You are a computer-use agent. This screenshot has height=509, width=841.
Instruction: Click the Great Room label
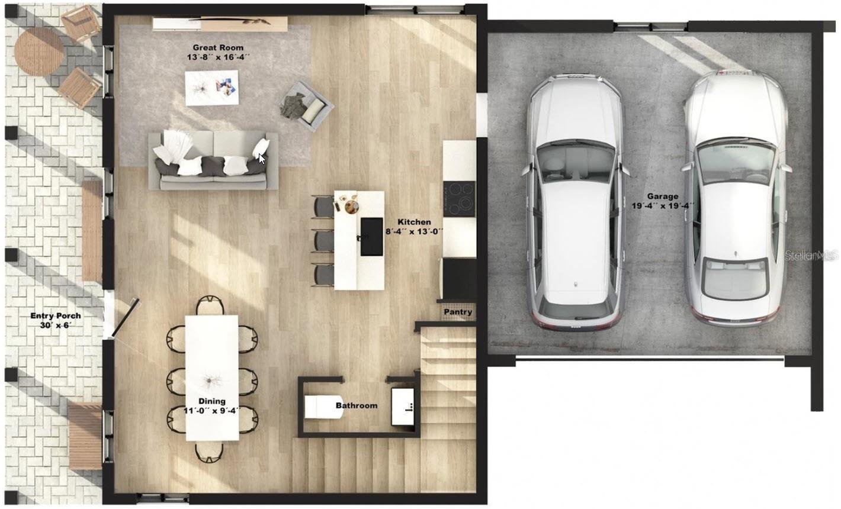tap(218, 47)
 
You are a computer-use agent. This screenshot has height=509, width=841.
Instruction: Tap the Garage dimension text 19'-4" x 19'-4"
tap(663, 206)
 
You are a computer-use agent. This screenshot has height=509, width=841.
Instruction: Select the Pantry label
tap(458, 312)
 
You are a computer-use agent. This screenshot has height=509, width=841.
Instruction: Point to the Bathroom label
tap(357, 405)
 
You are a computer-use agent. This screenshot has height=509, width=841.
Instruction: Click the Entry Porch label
tap(56, 316)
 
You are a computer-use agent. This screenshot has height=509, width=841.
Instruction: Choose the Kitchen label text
tap(414, 222)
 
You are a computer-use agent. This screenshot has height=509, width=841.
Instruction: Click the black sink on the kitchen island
tap(372, 237)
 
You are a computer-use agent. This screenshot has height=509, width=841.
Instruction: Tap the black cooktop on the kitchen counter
tap(459, 199)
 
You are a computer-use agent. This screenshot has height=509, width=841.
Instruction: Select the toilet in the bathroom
tap(323, 407)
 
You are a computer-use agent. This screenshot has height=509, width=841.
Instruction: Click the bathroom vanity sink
tap(403, 407)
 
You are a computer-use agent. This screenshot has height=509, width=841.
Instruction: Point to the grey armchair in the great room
tap(307, 106)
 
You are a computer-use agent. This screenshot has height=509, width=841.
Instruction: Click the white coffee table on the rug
tap(212, 88)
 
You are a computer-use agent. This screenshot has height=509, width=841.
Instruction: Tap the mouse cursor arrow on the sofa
tap(262, 159)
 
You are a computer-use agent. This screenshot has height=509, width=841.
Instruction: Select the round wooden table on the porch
tap(39, 51)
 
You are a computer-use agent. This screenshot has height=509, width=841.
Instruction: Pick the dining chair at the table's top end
tap(210, 305)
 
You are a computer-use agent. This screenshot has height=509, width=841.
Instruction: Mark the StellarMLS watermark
tap(811, 256)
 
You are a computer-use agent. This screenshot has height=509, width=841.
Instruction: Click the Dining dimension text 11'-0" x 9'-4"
tap(212, 411)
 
